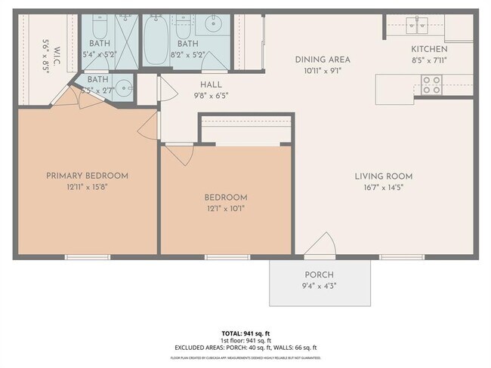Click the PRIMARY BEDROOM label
click(x=87, y=176)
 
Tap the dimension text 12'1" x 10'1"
click(x=226, y=209)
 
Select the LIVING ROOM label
click(x=383, y=176)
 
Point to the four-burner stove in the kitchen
click(x=431, y=84)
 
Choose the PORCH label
click(x=319, y=274)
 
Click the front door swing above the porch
click(x=320, y=245)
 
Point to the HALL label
click(x=211, y=85)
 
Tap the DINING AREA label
click(x=323, y=60)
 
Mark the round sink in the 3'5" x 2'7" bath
click(x=122, y=85)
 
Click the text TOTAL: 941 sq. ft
click(x=246, y=333)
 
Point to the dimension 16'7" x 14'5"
click(x=383, y=188)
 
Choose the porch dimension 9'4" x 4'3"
click(x=319, y=286)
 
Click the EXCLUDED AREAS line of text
click(x=246, y=348)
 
